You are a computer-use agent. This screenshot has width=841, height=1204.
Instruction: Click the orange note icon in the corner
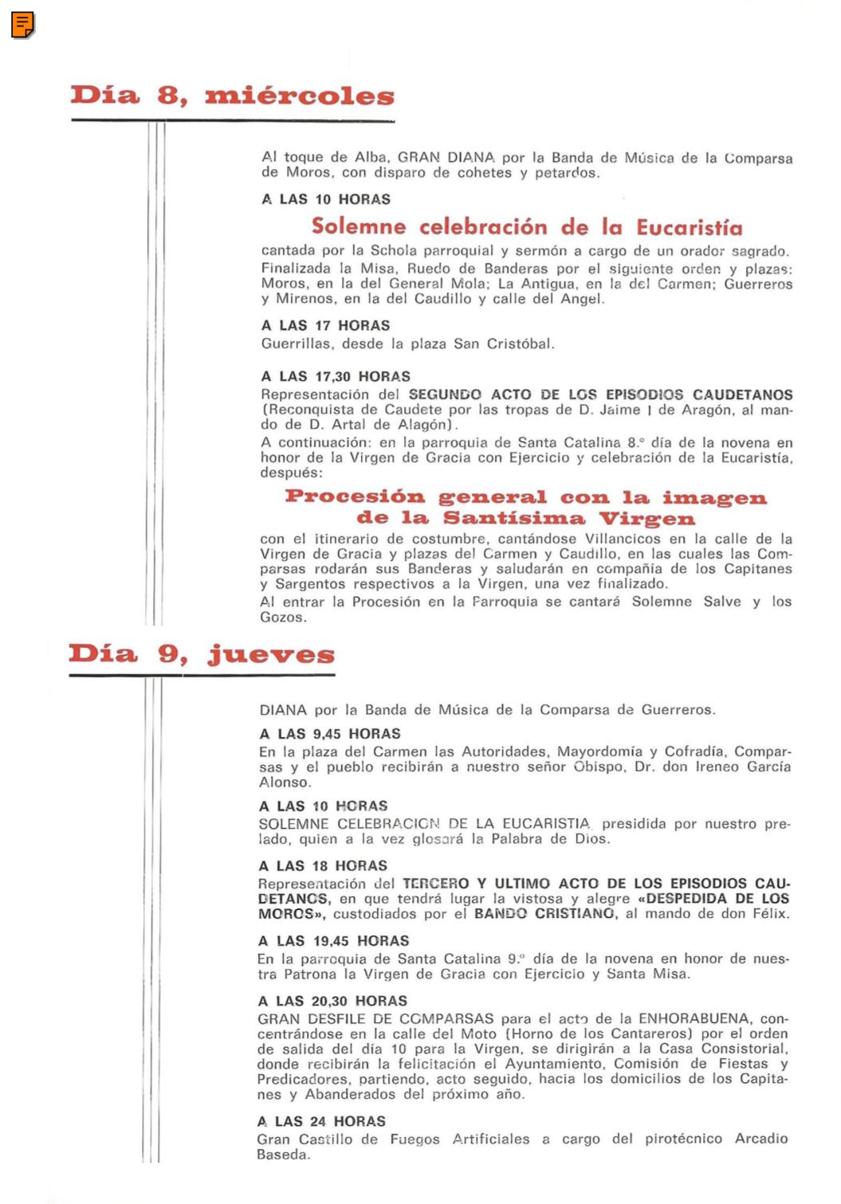point(23,25)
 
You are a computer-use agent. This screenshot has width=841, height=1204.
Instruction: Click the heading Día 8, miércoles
point(232,97)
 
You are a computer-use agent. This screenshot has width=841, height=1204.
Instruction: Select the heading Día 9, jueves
point(202,655)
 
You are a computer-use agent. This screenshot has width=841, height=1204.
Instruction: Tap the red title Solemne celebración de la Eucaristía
point(527,227)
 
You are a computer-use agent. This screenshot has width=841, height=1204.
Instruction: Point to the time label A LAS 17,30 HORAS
point(336,377)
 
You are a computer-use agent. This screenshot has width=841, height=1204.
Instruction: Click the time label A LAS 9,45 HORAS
point(330,734)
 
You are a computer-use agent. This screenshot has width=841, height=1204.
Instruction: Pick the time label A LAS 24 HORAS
point(321,1121)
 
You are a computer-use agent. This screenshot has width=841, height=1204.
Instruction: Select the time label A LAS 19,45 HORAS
point(333,941)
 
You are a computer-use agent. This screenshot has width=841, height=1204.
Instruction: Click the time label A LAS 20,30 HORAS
point(332,1001)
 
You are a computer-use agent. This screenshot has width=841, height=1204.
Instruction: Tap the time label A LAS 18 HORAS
point(323,866)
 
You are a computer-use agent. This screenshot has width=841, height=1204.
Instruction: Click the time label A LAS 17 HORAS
point(325,326)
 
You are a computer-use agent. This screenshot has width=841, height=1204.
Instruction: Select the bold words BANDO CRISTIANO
point(545,914)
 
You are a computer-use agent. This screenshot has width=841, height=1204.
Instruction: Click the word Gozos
point(283,618)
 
